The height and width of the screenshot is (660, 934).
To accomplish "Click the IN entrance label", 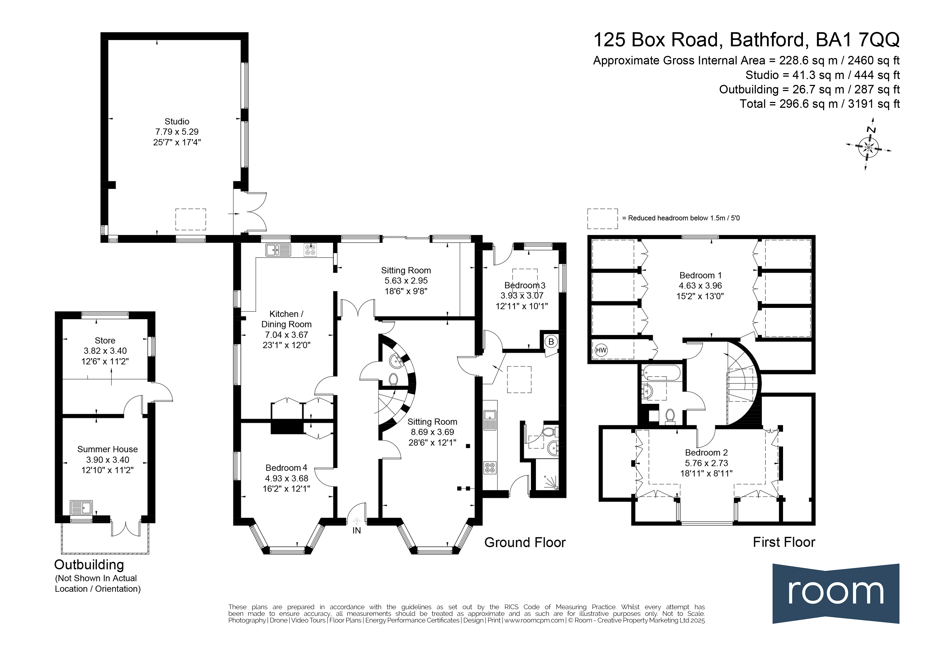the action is coord(356,530).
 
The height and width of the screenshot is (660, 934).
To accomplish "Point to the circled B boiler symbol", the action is coord(551,342).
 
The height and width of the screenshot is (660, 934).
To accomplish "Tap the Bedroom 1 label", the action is coord(701,275).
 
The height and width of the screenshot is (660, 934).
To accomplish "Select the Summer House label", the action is coord(107,449).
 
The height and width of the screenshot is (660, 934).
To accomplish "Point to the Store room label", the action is coord(105,341).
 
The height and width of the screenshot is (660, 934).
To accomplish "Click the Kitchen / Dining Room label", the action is coord(286,319).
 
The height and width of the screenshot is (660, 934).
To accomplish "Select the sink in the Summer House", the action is coord(81,508).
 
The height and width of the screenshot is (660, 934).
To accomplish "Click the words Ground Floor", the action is coord(525,542).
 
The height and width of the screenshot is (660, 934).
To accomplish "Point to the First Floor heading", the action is coord(784,542).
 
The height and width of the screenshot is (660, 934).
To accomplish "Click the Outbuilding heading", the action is coord(89,565).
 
